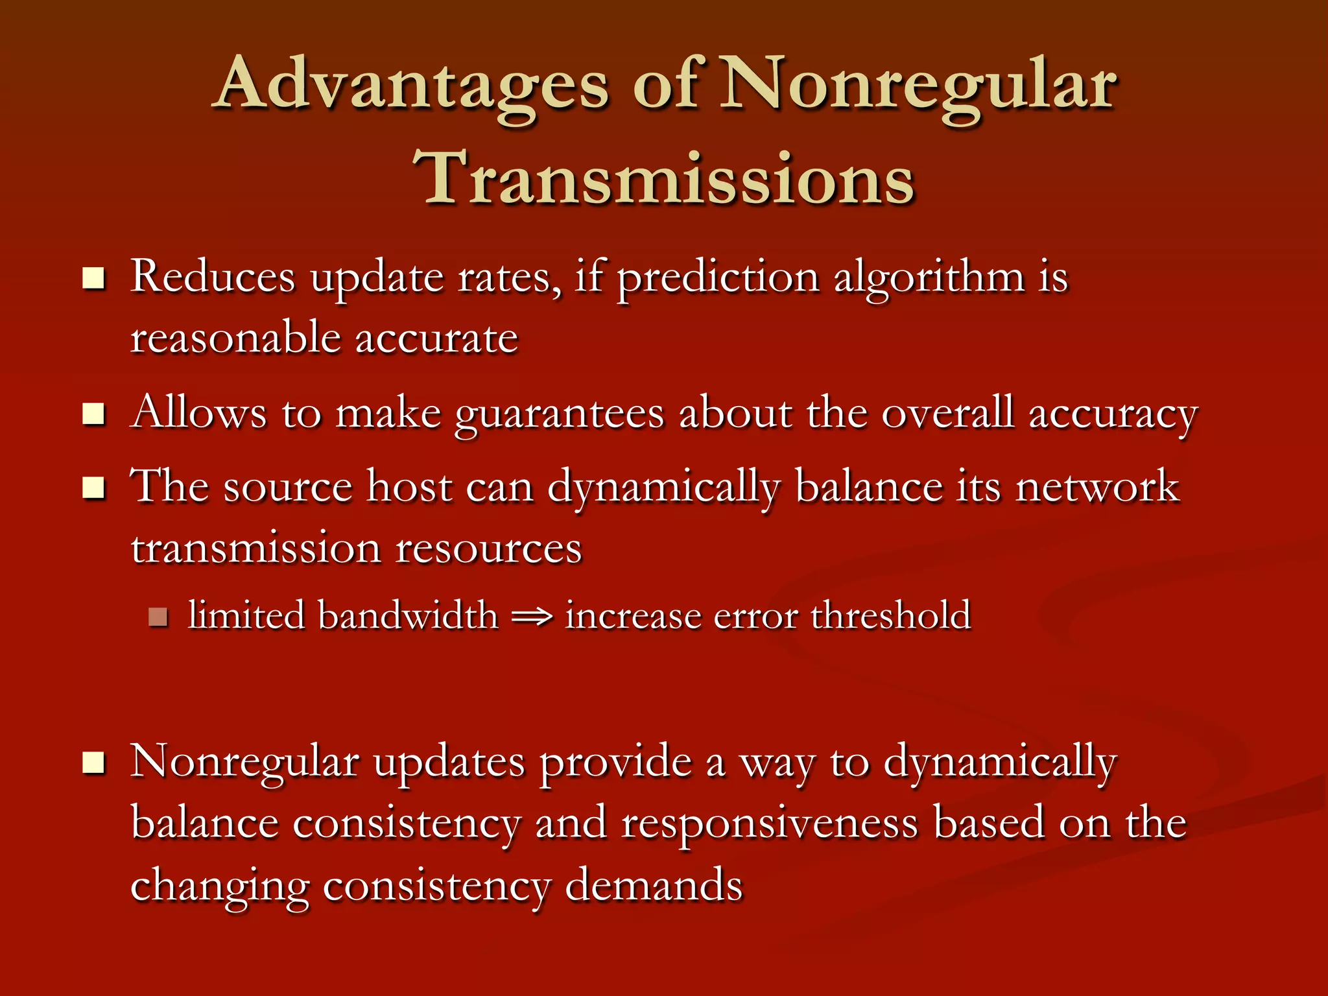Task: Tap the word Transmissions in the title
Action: [x=664, y=178]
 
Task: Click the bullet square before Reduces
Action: [x=94, y=279]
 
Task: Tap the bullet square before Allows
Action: [x=94, y=414]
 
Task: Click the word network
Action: [x=1097, y=486]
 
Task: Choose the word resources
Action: [x=488, y=549]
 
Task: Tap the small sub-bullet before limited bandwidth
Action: [x=158, y=617]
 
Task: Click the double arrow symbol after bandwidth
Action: [x=532, y=617]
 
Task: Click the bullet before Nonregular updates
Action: [x=94, y=763]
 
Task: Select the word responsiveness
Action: [x=769, y=824]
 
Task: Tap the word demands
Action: [x=654, y=886]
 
